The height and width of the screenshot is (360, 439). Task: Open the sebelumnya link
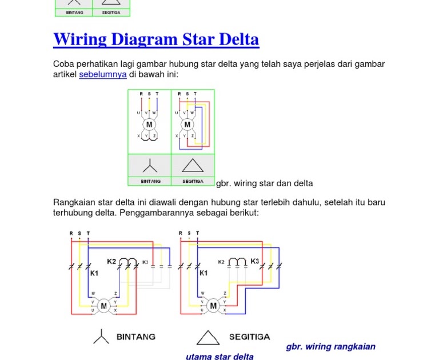103,74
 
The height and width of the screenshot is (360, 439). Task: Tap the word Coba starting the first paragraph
63,64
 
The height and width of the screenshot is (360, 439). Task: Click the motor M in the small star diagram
149,125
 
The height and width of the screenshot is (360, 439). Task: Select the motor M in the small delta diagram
187,125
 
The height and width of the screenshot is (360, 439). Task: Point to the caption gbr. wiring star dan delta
265,183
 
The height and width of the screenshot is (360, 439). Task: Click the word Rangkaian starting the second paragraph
75,202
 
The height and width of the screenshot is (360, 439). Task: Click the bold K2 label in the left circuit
111,261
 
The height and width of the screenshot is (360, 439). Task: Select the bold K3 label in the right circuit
255,261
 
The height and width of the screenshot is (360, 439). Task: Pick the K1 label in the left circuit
94,273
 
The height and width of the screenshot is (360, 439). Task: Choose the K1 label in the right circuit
203,273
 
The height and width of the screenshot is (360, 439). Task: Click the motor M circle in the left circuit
104,306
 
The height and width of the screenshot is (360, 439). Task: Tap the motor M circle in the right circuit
213,306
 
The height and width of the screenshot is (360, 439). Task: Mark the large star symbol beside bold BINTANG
101,337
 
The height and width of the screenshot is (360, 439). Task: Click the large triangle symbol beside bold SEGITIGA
208,338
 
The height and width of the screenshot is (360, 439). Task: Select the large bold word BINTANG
136,337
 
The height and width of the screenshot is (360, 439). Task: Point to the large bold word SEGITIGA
250,337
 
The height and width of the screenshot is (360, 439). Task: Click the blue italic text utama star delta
219,357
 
